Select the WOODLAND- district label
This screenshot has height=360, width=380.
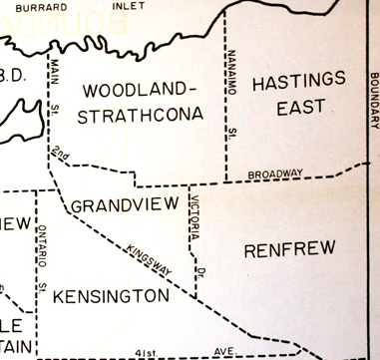tap(140, 88)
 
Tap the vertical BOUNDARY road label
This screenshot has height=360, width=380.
tap(373, 99)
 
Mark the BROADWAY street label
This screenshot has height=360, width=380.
tap(276, 174)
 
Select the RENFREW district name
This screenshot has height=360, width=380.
tap(289, 248)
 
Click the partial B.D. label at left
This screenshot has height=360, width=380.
tap(13, 77)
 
